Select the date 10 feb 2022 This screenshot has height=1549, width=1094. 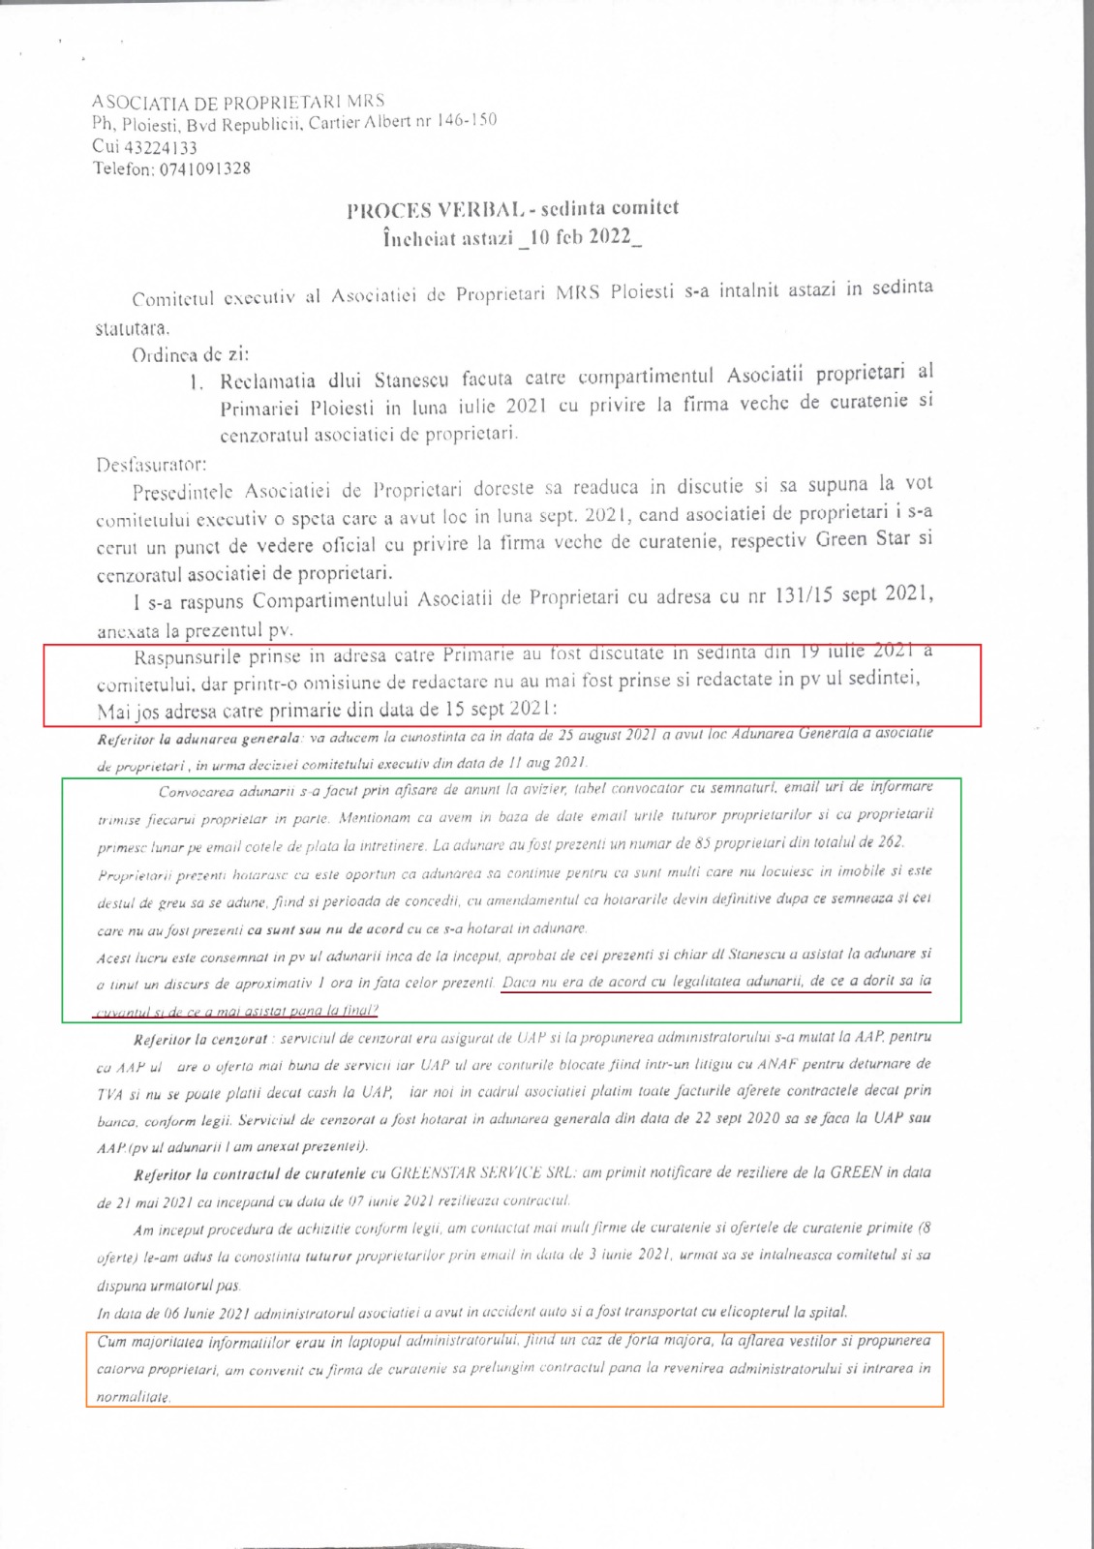pos(580,237)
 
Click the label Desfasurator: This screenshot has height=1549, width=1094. pos(151,464)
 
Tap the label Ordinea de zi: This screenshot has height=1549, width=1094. pos(190,354)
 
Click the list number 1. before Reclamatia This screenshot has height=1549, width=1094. pos(197,381)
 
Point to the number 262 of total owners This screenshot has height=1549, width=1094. pos(891,841)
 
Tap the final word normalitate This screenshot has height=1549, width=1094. pos(133,1398)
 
